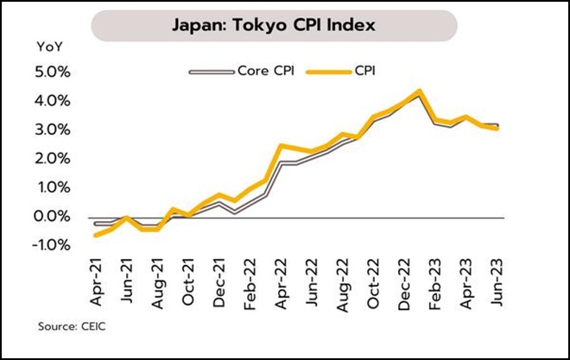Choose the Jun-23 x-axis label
(497, 278)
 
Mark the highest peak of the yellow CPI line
(419, 91)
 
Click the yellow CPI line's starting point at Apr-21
(96, 235)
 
